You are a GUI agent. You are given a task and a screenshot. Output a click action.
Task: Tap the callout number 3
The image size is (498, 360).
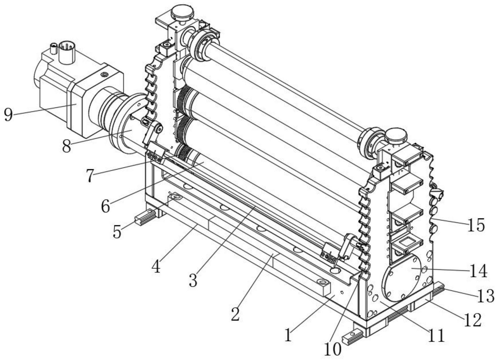193,280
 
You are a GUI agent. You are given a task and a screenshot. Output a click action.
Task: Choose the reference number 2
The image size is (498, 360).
235,314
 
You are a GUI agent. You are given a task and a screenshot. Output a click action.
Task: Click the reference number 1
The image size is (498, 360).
288,336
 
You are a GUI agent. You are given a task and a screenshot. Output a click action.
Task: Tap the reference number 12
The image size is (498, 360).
473,320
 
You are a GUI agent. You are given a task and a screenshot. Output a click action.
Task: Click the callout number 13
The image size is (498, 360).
486,296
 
